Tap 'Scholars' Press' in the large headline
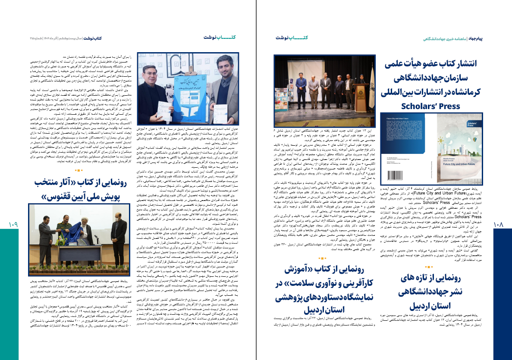[436, 106]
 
